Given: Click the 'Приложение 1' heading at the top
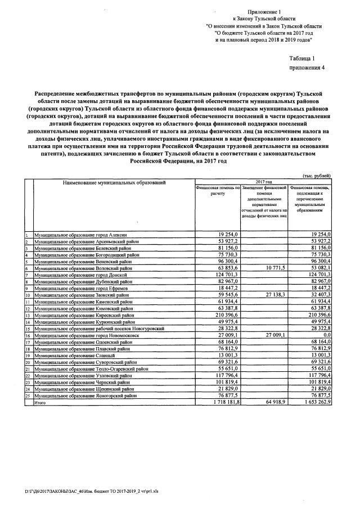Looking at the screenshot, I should click(x=264, y=11).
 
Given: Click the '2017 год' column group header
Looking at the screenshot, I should click(x=264, y=182).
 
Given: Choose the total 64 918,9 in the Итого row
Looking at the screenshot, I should click(x=275, y=403).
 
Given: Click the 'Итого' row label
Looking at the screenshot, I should click(x=40, y=403).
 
